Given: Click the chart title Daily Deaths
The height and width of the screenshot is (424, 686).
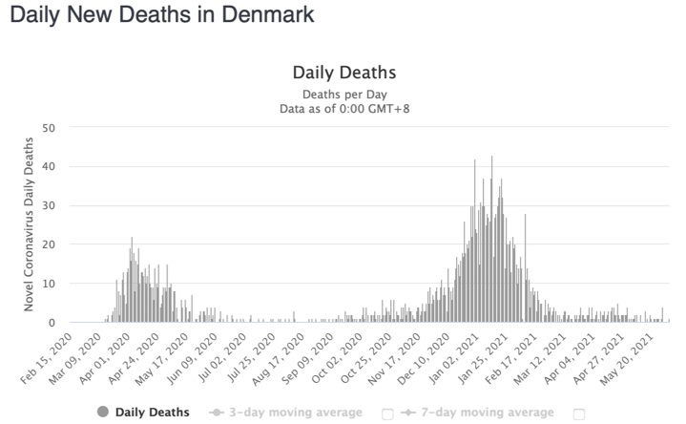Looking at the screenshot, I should [x=343, y=74].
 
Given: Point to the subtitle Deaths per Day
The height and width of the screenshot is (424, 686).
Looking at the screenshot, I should [x=343, y=95].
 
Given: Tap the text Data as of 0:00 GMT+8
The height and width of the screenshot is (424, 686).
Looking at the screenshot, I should [x=343, y=109].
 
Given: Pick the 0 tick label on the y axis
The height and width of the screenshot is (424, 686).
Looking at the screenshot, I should [x=53, y=323].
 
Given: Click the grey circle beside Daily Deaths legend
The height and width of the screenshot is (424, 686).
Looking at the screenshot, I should [x=102, y=413].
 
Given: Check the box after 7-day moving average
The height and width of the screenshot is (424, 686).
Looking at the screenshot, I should [x=578, y=413].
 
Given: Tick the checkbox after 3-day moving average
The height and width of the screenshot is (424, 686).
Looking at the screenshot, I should [x=388, y=413].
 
